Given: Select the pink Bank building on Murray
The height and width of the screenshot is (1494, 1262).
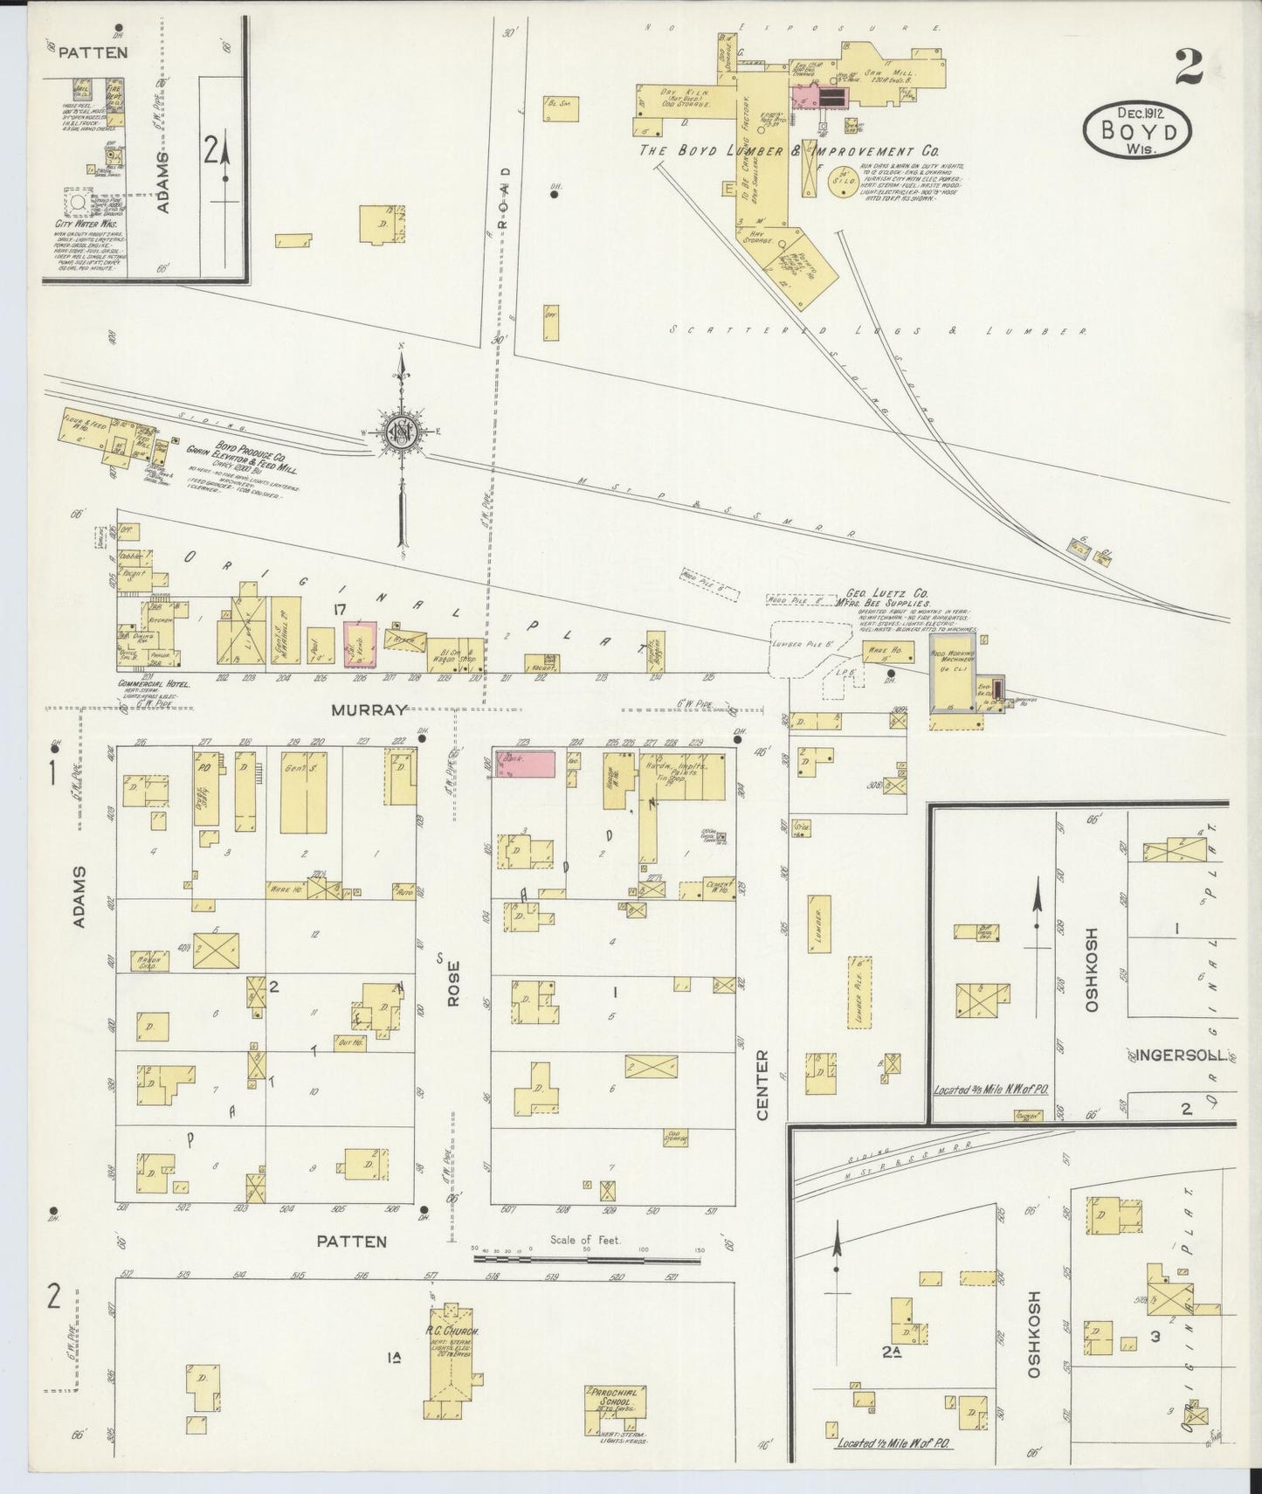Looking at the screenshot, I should (x=525, y=763).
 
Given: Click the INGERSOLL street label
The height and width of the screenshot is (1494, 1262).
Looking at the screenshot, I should (x=1180, y=1055).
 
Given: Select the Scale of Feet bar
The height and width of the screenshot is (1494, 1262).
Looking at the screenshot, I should (x=588, y=1258).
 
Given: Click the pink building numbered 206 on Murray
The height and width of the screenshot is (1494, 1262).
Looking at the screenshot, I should (x=360, y=644).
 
